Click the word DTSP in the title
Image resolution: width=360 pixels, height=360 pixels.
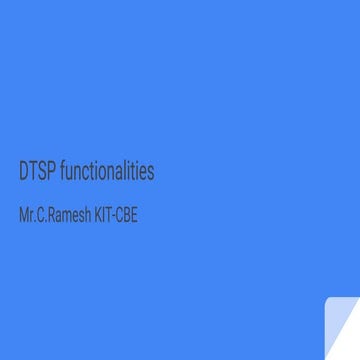tap(36, 172)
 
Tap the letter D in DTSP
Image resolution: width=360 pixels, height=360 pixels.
tap(24, 172)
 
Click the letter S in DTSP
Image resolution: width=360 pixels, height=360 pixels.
tap(41, 172)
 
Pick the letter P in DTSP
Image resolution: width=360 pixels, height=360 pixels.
tap(50, 172)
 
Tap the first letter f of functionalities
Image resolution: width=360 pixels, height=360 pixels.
tap(62, 171)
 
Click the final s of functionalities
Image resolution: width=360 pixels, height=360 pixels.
tap(151, 173)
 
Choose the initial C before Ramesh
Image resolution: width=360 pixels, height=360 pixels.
tap(41, 214)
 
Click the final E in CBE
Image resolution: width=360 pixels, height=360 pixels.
tap(134, 214)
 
